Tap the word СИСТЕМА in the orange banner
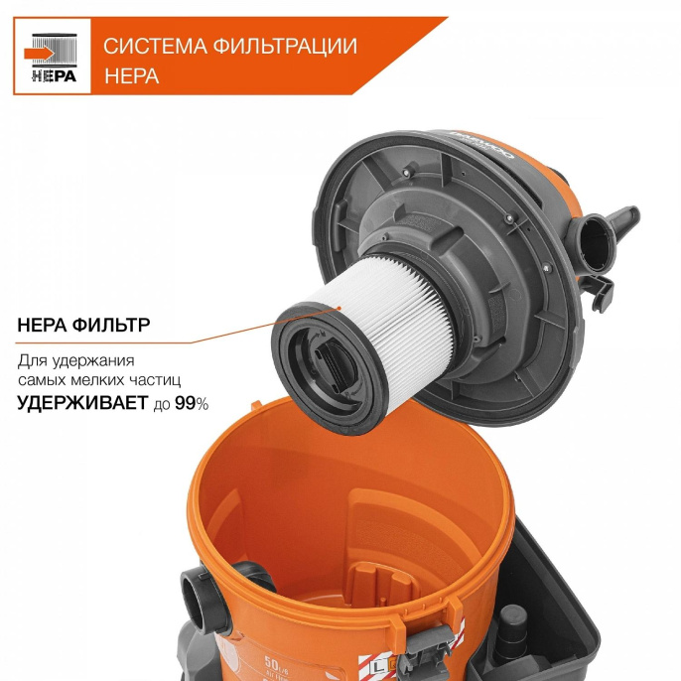(147, 46)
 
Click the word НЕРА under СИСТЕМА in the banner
(131, 75)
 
